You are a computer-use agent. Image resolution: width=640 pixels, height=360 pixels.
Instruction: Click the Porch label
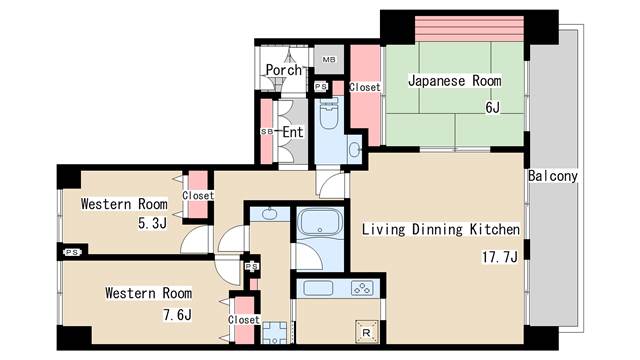282,70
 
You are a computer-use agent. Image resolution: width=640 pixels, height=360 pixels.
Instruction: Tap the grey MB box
327,60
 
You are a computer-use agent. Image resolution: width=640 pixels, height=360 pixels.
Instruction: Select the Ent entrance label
292,131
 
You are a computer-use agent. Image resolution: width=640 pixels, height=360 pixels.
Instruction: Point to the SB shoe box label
266,131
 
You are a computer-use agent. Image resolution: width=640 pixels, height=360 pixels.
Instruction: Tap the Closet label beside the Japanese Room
364,88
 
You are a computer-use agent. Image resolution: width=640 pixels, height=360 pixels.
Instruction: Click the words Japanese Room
454,81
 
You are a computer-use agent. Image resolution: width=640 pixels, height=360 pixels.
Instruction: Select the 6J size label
491,107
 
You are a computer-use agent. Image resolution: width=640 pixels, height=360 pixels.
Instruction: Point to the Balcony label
553,176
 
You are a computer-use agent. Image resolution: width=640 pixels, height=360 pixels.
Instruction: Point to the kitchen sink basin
319,288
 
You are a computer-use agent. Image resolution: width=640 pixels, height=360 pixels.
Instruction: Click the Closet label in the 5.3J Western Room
198,196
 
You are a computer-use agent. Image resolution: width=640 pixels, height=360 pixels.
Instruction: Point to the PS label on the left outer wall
70,253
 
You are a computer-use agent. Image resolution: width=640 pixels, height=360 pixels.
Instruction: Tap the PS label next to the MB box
320,87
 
